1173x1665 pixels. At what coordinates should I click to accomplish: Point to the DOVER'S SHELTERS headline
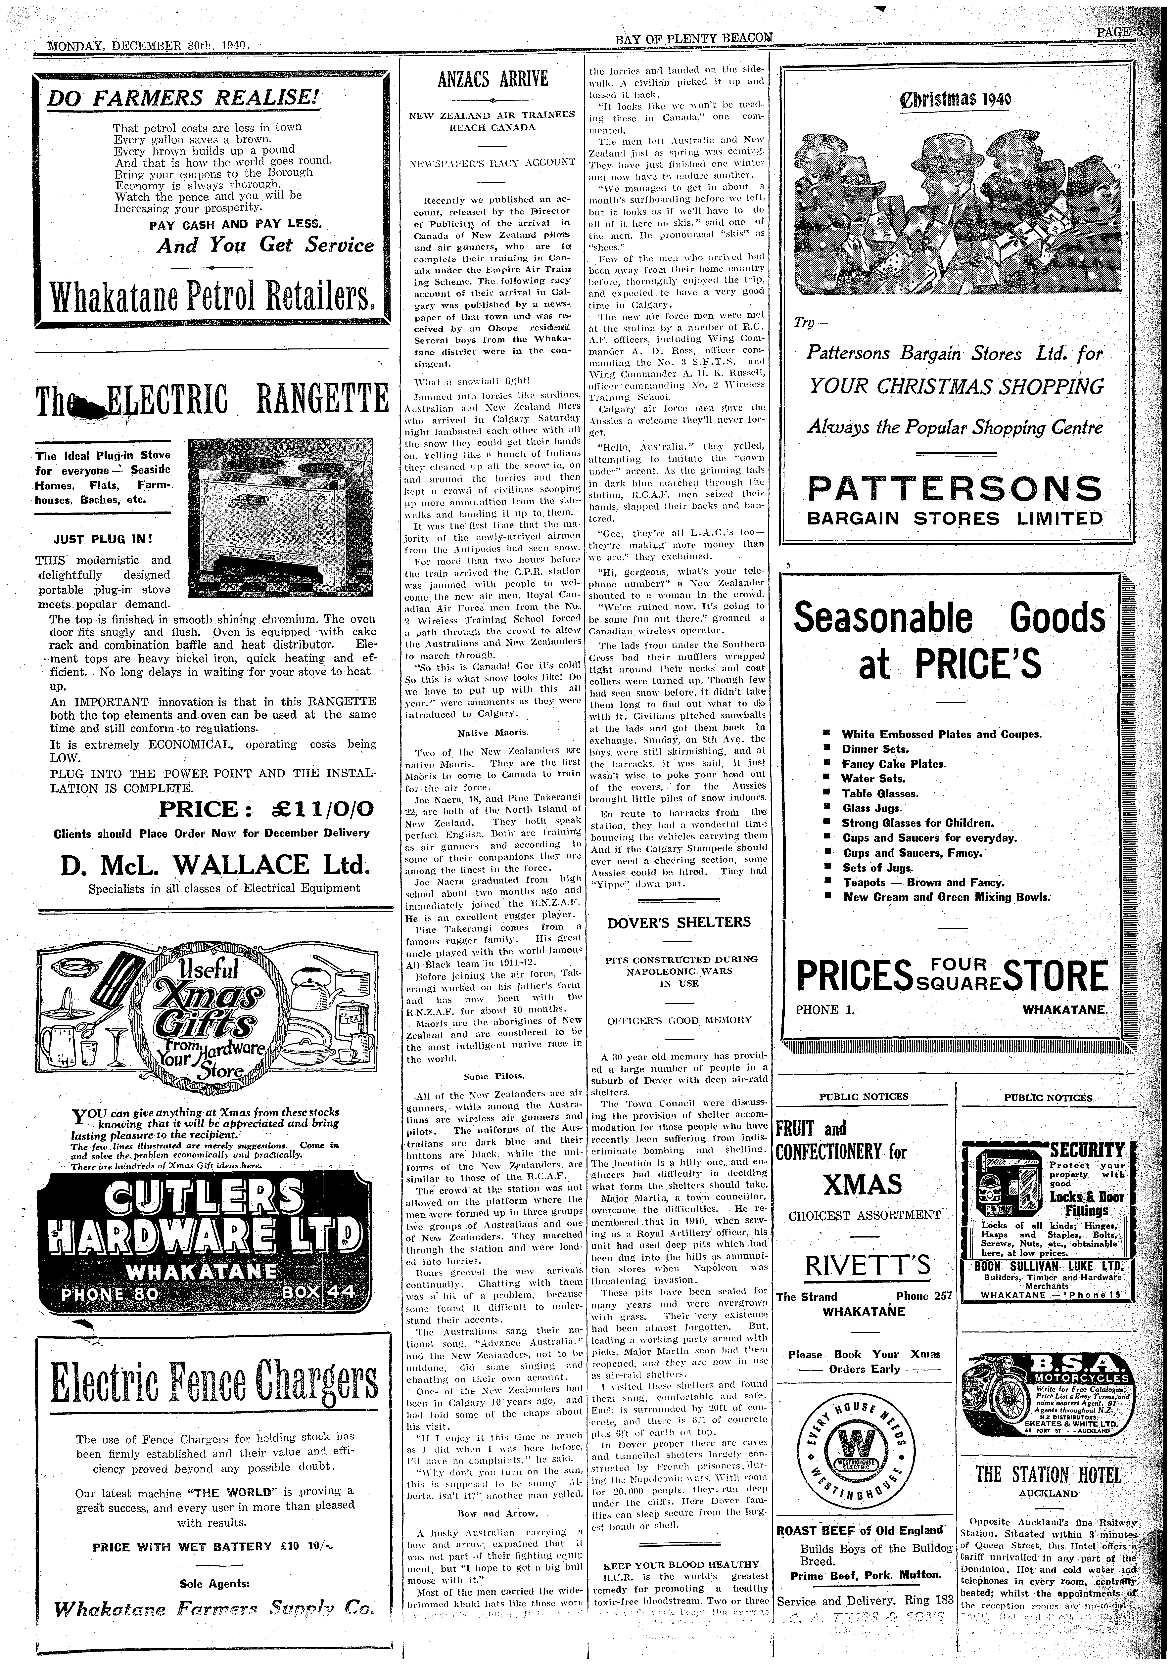click(678, 922)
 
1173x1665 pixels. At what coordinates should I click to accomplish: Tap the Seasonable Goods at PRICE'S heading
click(949, 640)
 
